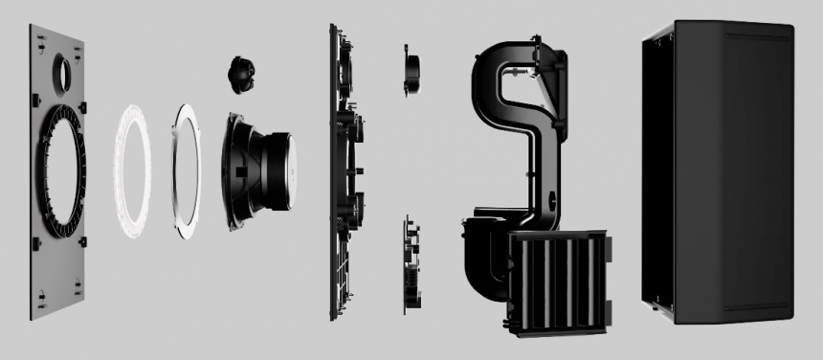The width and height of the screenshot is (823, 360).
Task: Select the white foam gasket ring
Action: pos(133,171)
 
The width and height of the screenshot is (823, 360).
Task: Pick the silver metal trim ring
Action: pos(187,171)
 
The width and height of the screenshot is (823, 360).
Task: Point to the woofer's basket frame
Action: pos(238,172)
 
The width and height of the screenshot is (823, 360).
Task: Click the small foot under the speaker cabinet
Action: pos(654,308)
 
